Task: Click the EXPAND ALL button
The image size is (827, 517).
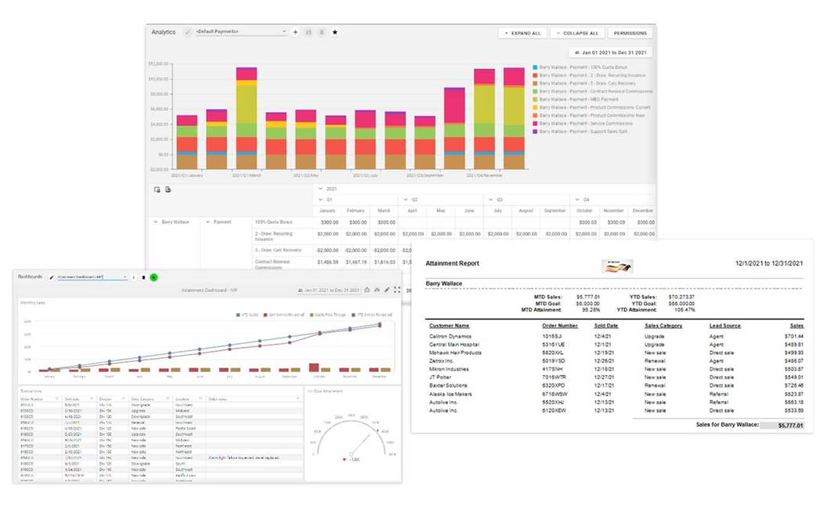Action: point(522,33)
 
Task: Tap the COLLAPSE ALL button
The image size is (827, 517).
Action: point(578,33)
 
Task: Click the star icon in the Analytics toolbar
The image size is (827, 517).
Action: point(335,32)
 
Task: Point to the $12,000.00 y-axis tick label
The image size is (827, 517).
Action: point(159,63)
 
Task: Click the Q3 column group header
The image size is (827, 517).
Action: point(499,200)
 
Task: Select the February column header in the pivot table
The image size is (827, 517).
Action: point(356,211)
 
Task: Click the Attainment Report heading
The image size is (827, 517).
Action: point(452,263)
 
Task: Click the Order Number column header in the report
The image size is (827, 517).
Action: point(559,325)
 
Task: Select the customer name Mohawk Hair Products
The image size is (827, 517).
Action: point(455,352)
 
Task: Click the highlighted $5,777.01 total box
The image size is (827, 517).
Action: point(780,425)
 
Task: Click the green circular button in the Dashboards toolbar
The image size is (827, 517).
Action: point(154,277)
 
